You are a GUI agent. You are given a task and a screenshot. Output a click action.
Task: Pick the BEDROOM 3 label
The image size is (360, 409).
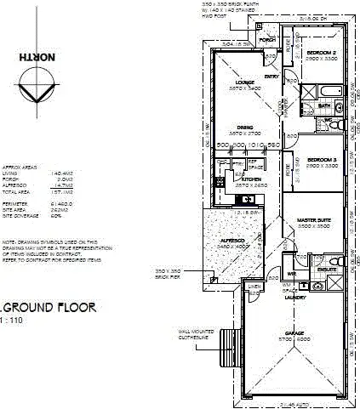coord(323,160)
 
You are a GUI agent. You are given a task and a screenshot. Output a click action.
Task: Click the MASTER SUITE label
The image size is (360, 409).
coord(313,220)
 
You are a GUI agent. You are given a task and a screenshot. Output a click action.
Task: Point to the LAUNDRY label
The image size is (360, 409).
coord(296,298)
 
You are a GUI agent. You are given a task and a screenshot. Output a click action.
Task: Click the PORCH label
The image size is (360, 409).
coord(268,40)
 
